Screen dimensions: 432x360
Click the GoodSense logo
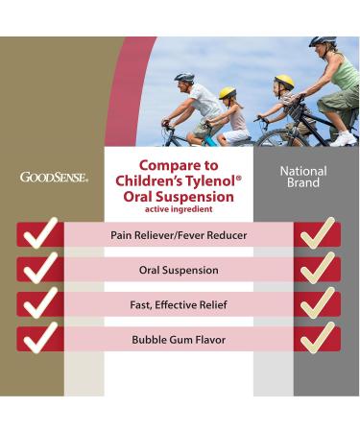point(54,178)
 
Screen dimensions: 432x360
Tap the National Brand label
point(302,176)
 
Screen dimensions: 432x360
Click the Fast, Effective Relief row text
point(178,304)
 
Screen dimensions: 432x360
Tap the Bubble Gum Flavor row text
point(178,339)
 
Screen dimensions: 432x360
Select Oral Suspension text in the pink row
point(178,270)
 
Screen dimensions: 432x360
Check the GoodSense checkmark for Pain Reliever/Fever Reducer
point(38,234)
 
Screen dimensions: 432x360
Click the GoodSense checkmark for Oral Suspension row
point(38,269)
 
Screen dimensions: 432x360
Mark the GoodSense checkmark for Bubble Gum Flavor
point(38,338)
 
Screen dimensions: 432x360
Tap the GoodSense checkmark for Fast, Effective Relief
point(38,303)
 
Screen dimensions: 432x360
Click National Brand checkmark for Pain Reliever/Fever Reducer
point(316,234)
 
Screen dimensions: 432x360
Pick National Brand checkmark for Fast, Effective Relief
point(316,303)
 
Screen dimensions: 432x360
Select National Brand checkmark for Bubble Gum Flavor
point(316,338)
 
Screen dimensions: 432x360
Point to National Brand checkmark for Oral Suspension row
point(316,269)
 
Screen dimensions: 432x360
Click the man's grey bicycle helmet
point(184,78)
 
